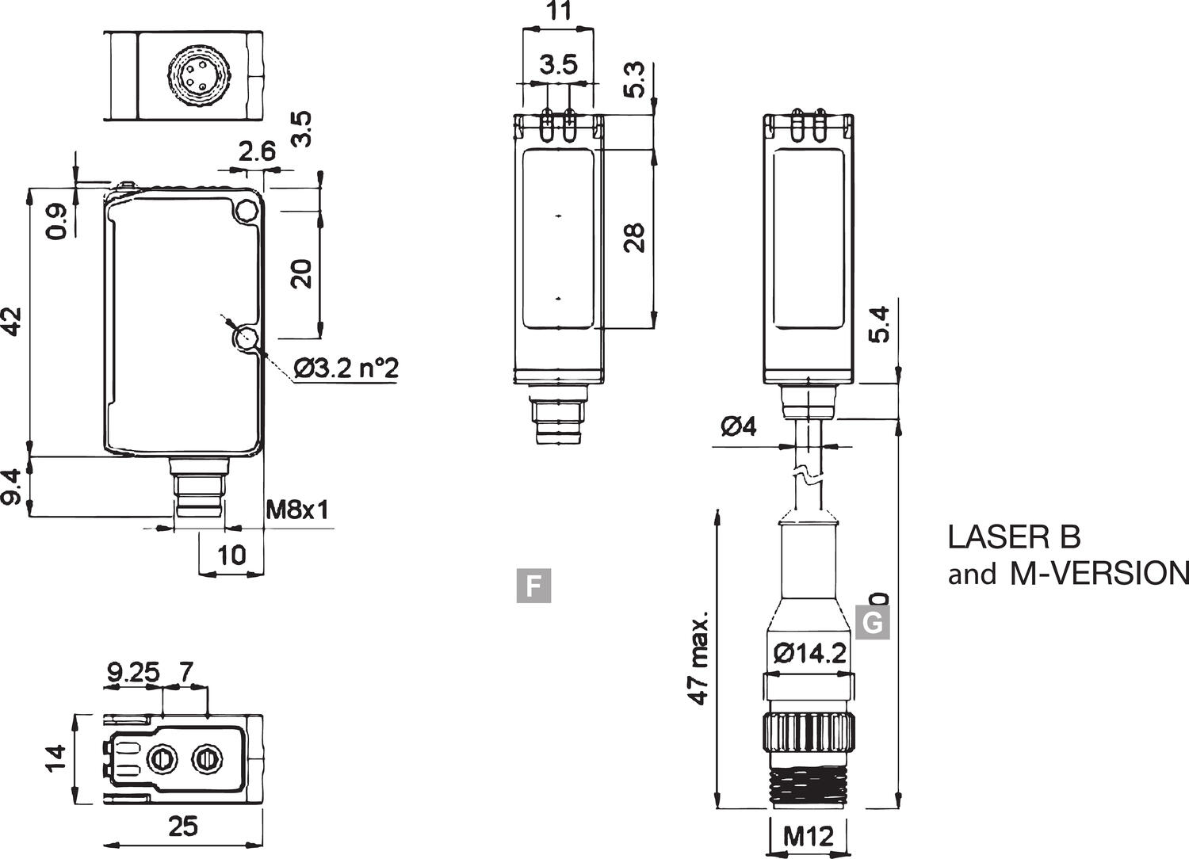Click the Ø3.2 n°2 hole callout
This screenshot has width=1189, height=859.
pos(345,368)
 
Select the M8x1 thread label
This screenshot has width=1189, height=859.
pos(297,509)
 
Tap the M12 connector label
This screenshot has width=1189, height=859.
pos(809,835)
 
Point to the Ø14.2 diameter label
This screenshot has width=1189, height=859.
pos(809,654)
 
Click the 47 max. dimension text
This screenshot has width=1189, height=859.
pos(698,658)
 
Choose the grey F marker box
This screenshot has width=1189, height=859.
pos(533,586)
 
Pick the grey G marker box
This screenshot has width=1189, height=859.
pos(872,622)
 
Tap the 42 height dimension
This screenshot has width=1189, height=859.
pos(14,321)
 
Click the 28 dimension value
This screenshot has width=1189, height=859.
pos(634,238)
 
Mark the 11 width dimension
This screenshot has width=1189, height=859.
pos(558,12)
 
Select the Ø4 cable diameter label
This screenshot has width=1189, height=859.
pos(738,427)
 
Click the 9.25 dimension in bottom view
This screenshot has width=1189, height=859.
pos(133,673)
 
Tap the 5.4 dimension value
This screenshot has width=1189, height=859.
pos(879,325)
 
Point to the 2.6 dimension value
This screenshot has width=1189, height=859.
pos(257,151)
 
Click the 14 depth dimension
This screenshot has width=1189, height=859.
pos(54,759)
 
